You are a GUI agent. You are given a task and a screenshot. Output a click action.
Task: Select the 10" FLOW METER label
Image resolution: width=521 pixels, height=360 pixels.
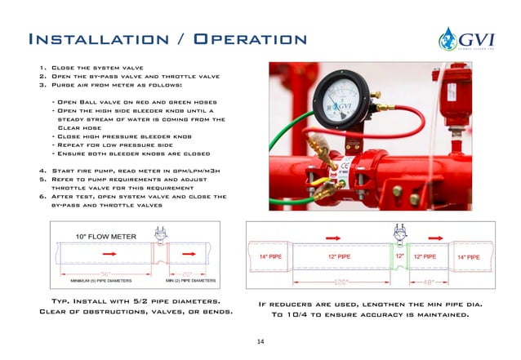pos(106,237)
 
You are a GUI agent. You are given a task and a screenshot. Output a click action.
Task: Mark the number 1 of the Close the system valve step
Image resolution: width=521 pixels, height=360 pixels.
pos(42,69)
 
